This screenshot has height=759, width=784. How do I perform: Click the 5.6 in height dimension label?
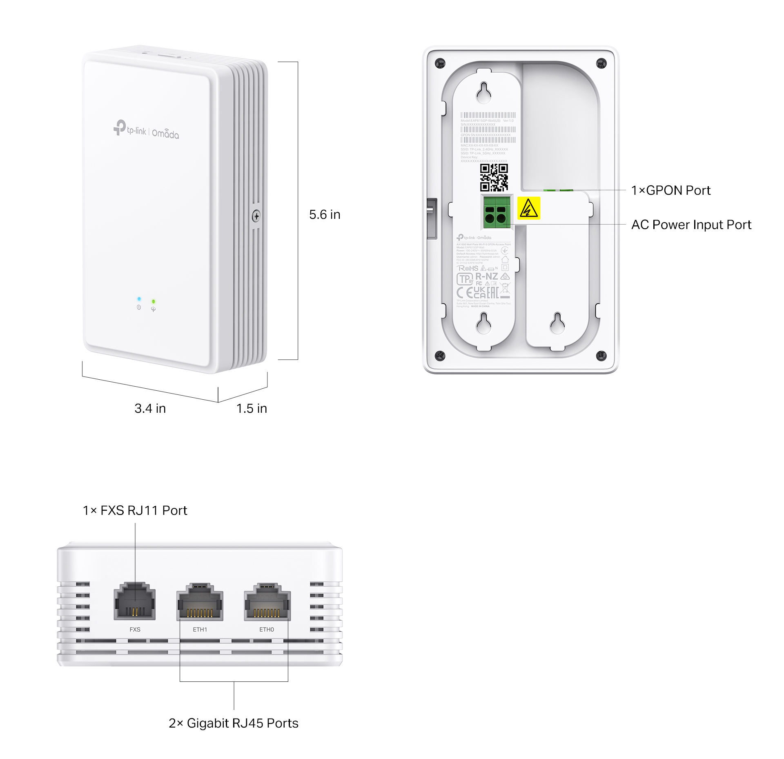[325, 215]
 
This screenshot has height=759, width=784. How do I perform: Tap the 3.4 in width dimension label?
[150, 408]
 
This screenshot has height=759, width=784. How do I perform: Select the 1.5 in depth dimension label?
[252, 408]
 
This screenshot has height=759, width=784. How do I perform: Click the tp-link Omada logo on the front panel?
[146, 129]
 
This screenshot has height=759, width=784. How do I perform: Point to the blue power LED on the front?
[139, 299]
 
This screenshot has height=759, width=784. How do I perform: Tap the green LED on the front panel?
[154, 301]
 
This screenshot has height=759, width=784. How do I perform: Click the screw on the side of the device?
[256, 216]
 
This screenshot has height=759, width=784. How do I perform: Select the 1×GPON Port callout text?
[670, 190]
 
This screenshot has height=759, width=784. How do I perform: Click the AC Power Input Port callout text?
[691, 225]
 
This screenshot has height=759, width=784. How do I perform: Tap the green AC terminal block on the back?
[497, 212]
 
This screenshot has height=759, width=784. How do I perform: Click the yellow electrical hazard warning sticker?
[528, 208]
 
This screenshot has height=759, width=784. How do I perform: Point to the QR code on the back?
[494, 178]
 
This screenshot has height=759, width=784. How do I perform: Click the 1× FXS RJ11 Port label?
[135, 510]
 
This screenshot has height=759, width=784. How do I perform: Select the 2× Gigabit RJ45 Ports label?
[233, 723]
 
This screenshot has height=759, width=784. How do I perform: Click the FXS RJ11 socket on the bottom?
[134, 602]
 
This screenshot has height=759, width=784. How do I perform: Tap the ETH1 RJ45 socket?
[200, 603]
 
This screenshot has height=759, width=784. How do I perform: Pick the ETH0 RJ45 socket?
[267, 603]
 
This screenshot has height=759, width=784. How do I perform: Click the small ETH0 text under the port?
[267, 630]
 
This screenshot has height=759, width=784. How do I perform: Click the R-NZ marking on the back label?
[486, 276]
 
